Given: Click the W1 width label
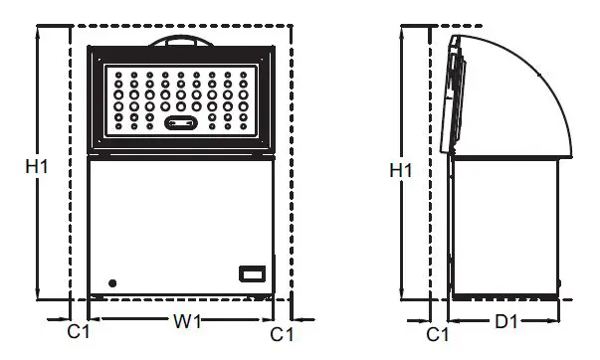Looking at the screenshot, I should coord(186,321).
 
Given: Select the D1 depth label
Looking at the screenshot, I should coord(506,321).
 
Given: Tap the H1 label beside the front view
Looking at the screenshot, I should coord(37,168).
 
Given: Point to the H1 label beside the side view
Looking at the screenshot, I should coord(401,171).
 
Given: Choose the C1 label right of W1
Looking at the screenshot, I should coord(283,333).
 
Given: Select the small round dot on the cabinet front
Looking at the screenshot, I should coord(111,283).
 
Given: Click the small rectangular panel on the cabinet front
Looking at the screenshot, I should coord(253,273).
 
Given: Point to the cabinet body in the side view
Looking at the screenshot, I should coord(502,224).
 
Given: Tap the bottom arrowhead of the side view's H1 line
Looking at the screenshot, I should coord(402,295).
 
